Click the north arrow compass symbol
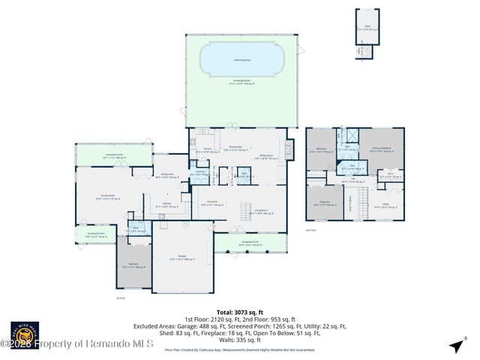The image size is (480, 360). coord(455,346)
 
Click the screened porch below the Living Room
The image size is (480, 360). coord(250,244)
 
